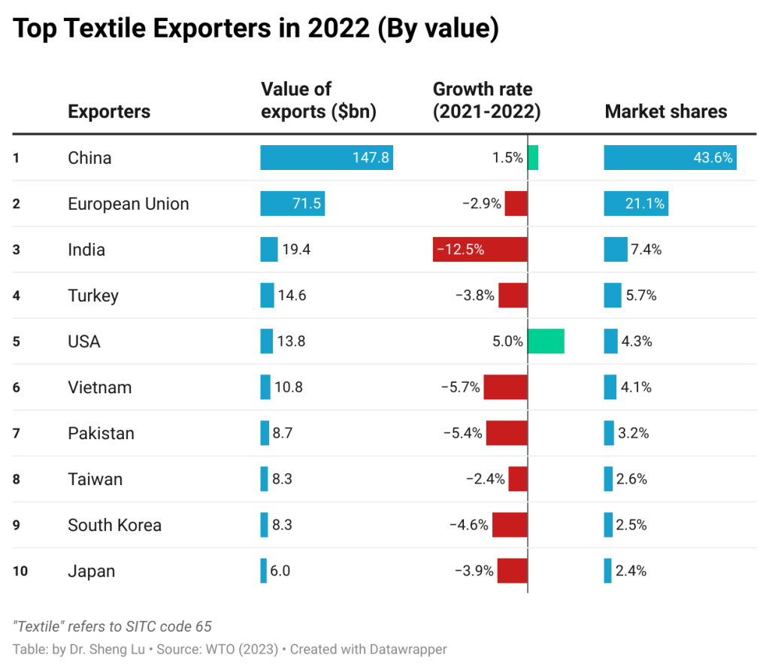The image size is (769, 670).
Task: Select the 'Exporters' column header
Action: coord(109,112)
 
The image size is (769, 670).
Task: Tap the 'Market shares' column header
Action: coord(665,112)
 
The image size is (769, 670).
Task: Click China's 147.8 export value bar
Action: coord(326,158)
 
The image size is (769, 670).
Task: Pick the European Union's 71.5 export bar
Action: coord(292,204)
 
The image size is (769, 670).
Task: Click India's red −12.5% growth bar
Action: coord(480,250)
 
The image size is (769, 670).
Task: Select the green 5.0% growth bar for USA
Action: coord(546,341)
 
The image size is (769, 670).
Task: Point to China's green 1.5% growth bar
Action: coord(533,158)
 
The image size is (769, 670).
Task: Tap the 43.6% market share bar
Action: coord(670,158)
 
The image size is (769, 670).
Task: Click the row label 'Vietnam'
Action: coord(99,388)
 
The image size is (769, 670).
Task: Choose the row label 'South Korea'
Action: coord(114,526)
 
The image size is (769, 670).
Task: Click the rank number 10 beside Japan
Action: coord(20,571)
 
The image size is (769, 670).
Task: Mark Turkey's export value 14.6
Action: coord(292,296)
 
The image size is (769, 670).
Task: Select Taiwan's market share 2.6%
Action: coord(631,480)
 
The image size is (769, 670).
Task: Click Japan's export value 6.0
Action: coord(280,571)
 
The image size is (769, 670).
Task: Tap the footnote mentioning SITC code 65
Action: coord(112,626)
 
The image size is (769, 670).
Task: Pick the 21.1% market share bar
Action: coord(635,204)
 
